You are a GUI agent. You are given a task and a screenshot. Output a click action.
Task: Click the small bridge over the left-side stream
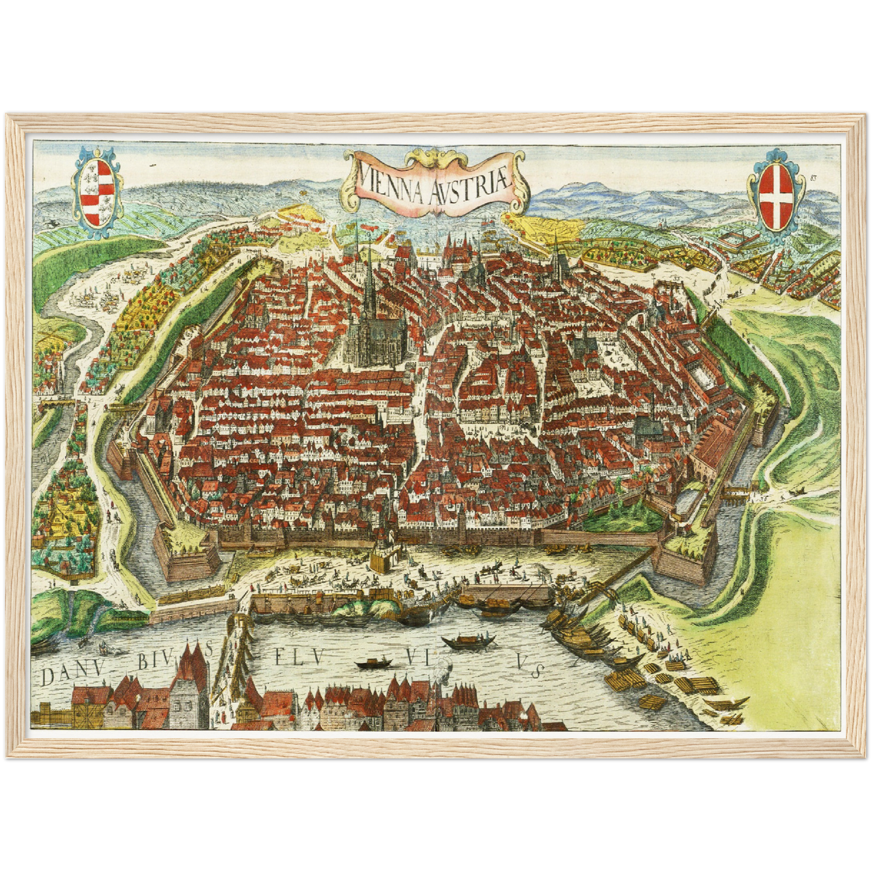click(x=59, y=400)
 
